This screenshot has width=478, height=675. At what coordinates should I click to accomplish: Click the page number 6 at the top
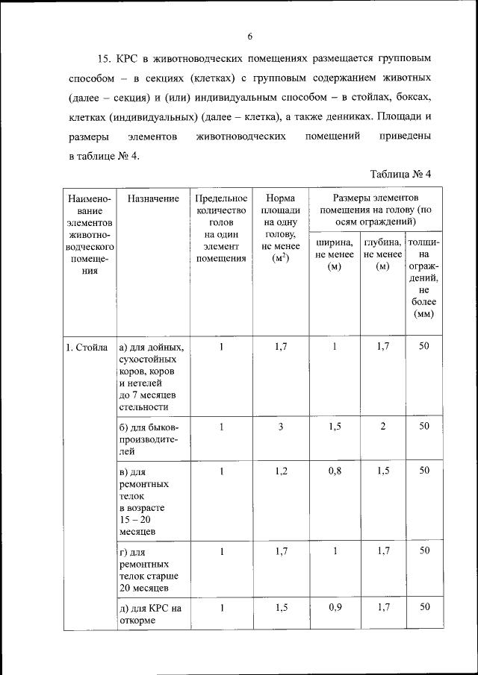pyautogui.click(x=250, y=37)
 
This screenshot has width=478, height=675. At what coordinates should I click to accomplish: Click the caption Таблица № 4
pyautogui.click(x=401, y=174)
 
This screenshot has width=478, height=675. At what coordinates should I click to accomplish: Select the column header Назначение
pyautogui.click(x=153, y=199)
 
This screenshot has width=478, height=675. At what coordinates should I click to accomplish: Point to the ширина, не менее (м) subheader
pyautogui.click(x=334, y=255)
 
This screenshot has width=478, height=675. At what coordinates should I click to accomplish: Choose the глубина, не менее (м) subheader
pyautogui.click(x=383, y=255)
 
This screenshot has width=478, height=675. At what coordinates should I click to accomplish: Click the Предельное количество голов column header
pyautogui.click(x=221, y=228)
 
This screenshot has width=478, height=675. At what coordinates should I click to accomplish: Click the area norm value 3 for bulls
pyautogui.click(x=281, y=427)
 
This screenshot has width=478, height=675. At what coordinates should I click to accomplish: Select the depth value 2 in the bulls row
pyautogui.click(x=383, y=427)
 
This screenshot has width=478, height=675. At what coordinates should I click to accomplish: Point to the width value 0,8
pyautogui.click(x=334, y=471)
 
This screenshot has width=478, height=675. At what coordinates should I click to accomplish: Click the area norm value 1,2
pyautogui.click(x=281, y=471)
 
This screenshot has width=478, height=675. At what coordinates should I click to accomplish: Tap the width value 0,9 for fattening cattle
pyautogui.click(x=334, y=607)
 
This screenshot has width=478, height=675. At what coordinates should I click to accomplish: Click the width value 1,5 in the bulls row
pyautogui.click(x=334, y=427)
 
